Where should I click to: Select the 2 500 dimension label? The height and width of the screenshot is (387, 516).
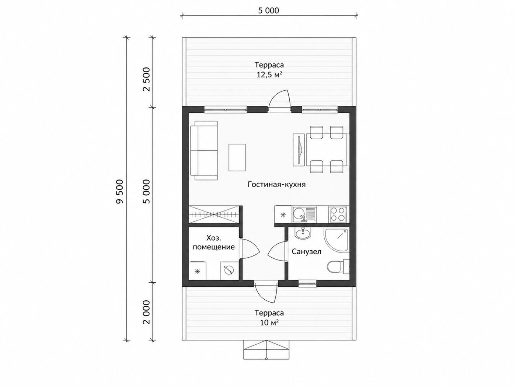pos(146,79)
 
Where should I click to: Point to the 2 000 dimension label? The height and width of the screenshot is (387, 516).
pos(146,312)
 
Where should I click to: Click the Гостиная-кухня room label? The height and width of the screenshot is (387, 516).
pos(276,184)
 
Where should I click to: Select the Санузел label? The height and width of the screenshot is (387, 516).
pos(306,252)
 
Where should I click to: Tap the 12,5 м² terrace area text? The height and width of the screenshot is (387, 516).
pos(269,75)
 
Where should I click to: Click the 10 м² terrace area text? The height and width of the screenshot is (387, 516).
pos(269,322)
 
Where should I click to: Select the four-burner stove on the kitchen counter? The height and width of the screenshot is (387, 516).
pos(337,214)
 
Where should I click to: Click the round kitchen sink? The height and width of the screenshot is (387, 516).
pos(299,214)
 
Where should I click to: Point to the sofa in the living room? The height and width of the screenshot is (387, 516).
pos(204,151)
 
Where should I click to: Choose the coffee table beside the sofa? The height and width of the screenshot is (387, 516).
pos(237,157)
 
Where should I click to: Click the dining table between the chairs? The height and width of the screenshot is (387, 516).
pos(327,150)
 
